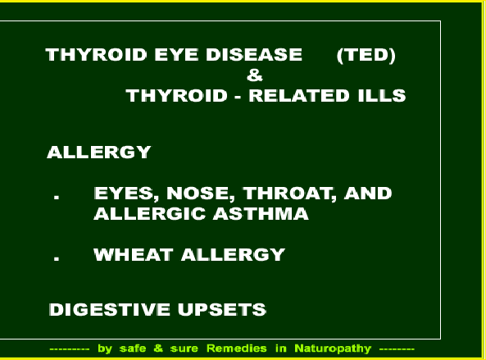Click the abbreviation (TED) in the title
tap(366, 55)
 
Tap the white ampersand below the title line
tap(255, 75)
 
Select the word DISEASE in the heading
tap(254, 55)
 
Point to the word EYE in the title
tap(176, 55)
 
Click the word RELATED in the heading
tap(299, 95)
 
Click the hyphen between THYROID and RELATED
tap(238, 97)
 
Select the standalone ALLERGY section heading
tap(99, 153)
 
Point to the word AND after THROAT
tap(368, 194)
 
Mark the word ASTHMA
tap(261, 214)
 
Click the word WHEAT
tap(134, 254)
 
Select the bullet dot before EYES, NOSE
tap(57, 196)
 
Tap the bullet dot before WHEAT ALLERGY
tap(57, 257)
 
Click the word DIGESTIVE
tap(110, 309)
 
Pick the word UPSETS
tap(222, 309)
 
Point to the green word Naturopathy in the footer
tap(333, 349)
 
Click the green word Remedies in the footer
tap(237, 349)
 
